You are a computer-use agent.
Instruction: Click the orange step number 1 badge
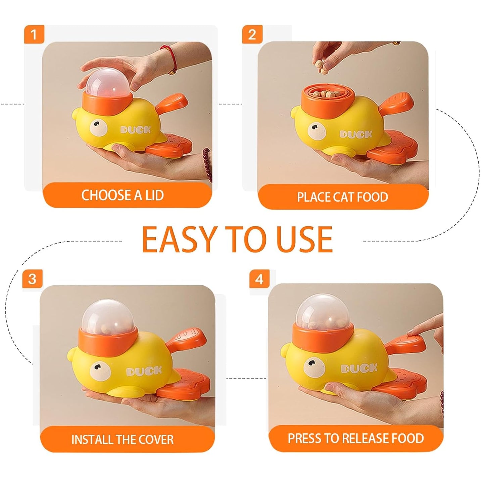tap(34, 35)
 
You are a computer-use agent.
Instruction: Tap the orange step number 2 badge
tap(252, 35)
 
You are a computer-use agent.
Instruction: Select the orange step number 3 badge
tap(32, 279)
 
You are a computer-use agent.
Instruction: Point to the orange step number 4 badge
tap(259, 279)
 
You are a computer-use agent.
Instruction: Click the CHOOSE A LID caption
tap(123, 195)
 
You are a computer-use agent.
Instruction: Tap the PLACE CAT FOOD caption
tap(342, 197)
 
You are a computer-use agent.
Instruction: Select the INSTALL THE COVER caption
tap(123, 440)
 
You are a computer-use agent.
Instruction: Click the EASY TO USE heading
tap(237, 240)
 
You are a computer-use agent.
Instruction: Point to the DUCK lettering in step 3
tap(144, 371)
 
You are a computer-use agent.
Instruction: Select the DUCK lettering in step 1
tap(136, 130)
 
